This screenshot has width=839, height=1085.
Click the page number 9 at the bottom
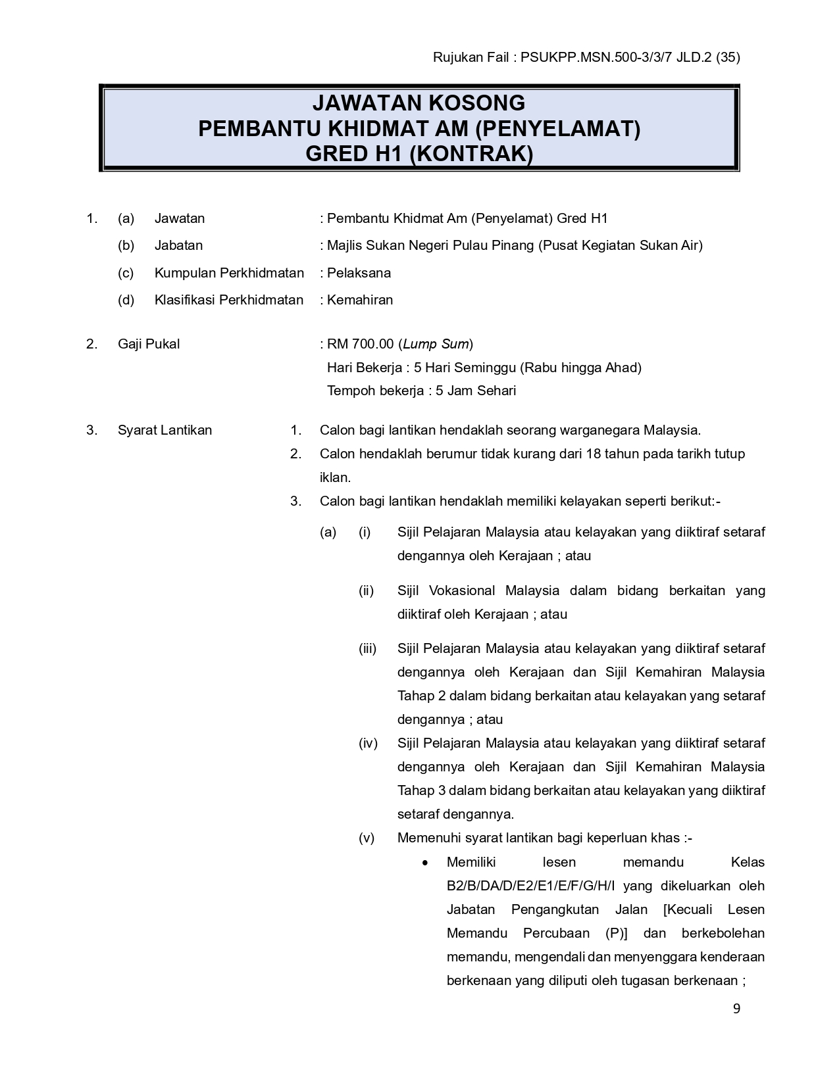736,1009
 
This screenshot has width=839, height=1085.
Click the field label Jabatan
178,245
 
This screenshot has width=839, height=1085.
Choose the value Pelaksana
359,273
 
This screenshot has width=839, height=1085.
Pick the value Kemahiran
360,300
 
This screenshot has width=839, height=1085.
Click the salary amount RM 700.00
360,344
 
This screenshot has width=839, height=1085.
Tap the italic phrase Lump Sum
436,344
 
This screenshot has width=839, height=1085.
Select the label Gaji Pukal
149,344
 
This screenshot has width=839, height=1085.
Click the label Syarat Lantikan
165,430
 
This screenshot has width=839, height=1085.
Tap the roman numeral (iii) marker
367,648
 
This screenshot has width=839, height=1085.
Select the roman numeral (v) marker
367,838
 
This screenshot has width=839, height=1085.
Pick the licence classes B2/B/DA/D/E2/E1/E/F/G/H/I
531,886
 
